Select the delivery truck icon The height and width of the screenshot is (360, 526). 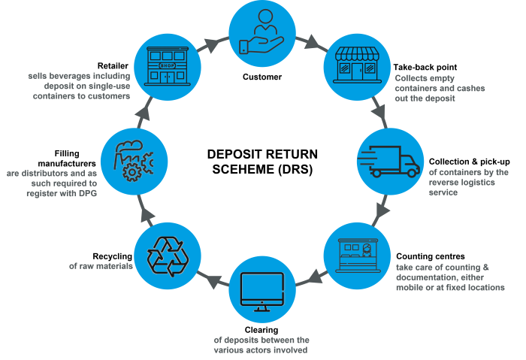[x=393, y=160]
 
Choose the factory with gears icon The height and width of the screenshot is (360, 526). [x=131, y=159]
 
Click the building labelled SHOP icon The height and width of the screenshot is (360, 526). [x=166, y=65]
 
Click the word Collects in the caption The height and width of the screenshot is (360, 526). [x=413, y=77]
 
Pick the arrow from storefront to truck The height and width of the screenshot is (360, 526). [x=380, y=115]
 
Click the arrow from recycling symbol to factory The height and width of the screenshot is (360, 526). [x=144, y=212]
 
